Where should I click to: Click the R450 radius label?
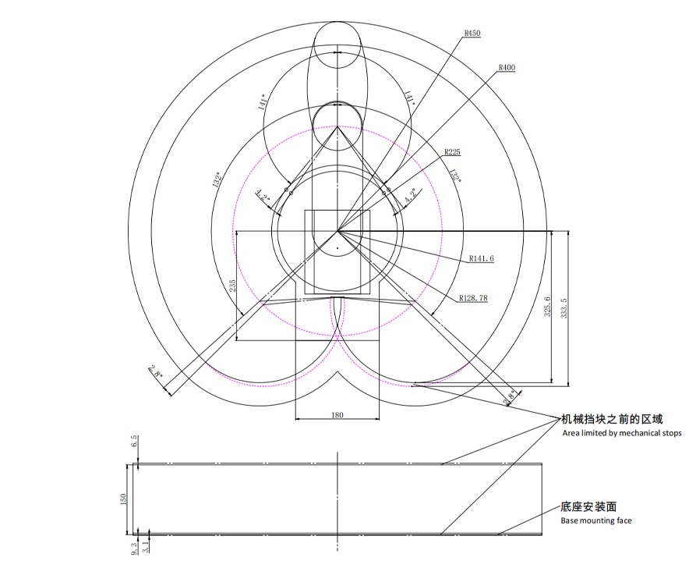click(x=472, y=34)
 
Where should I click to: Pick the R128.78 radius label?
click(x=473, y=298)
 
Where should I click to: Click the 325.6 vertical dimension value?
click(x=548, y=307)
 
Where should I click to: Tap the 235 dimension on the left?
click(x=232, y=286)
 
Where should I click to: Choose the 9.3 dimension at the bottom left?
click(x=134, y=549)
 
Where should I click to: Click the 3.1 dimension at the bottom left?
click(x=145, y=549)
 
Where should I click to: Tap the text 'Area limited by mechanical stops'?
click(x=622, y=433)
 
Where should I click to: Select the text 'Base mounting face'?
click(x=596, y=520)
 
